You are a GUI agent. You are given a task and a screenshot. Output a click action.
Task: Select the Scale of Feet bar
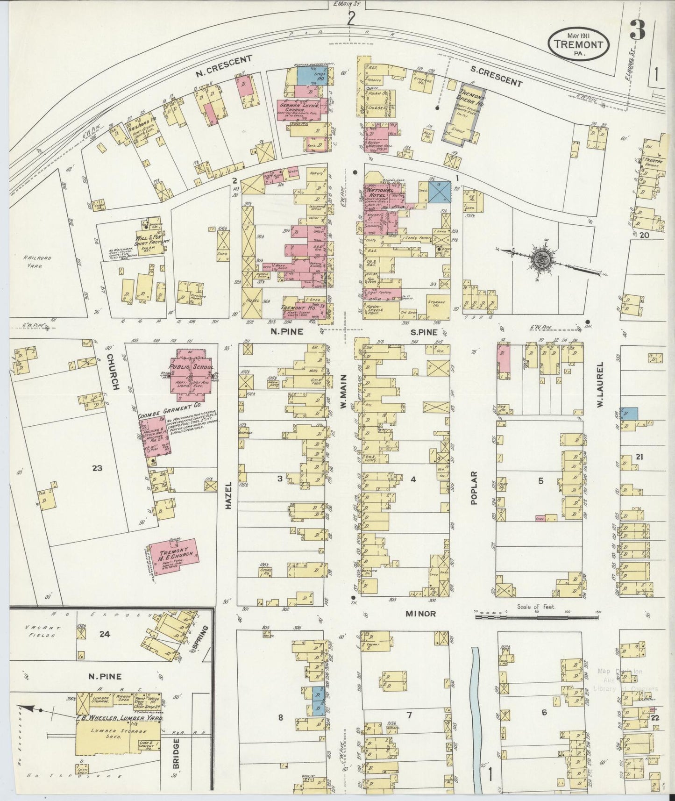point(536,617)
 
